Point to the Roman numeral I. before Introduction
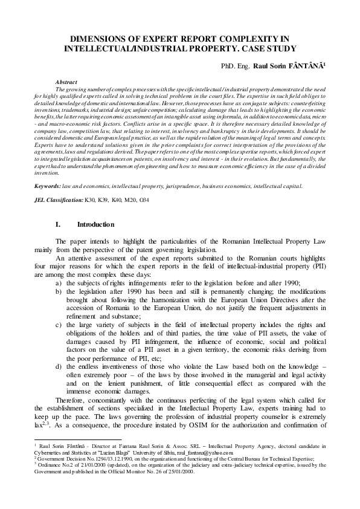(58, 224)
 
